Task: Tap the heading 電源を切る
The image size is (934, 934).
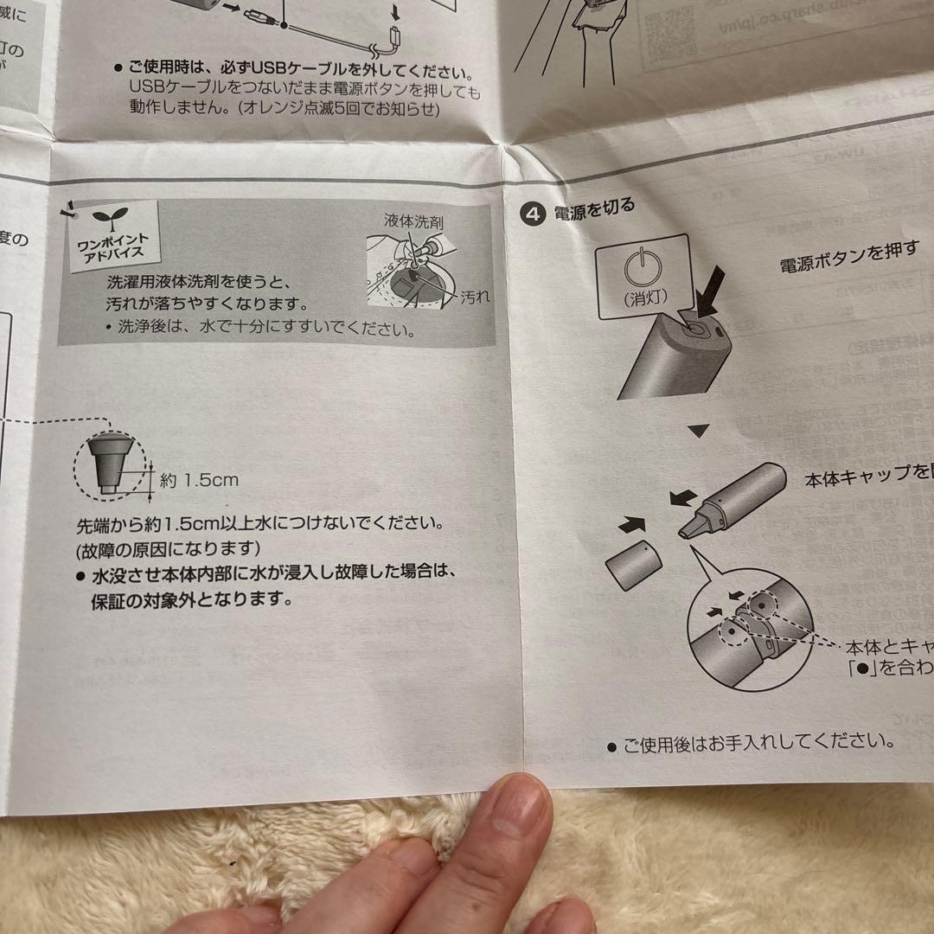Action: coord(595,208)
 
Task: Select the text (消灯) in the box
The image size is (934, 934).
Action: coord(641,298)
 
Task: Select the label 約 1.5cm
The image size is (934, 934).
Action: coord(199,480)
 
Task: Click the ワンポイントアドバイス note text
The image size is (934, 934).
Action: coord(110,245)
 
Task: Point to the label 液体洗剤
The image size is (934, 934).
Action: coord(414,221)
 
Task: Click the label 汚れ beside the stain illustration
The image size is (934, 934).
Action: coord(475,296)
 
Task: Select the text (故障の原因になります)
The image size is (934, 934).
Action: coord(168,548)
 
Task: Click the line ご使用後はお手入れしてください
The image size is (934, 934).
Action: coord(758,742)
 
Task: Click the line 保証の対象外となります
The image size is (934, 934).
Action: coord(191,599)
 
